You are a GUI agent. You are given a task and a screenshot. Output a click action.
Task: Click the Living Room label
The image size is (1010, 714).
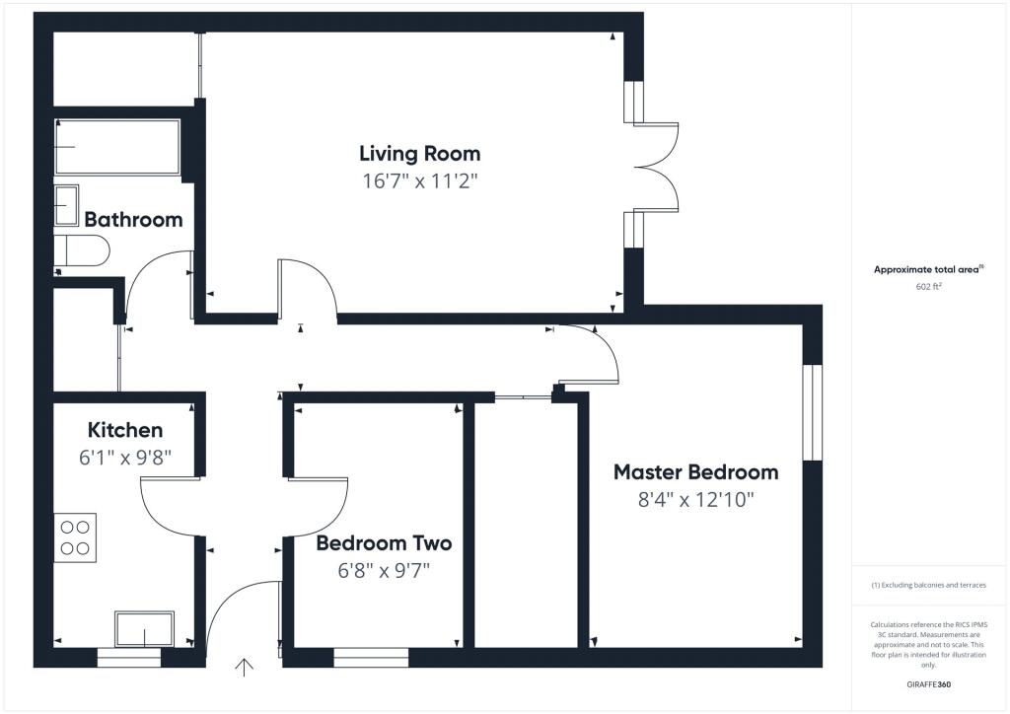pyautogui.click(x=419, y=154)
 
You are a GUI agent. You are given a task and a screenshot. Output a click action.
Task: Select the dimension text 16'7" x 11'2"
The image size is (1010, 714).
pyautogui.click(x=419, y=180)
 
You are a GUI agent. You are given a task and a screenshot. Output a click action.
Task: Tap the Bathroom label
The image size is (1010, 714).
pyautogui.click(x=133, y=219)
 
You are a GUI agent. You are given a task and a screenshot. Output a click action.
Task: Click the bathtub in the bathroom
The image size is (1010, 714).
pyautogui.click(x=117, y=147)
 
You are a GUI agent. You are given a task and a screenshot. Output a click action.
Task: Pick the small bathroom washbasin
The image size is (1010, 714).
pyautogui.click(x=66, y=206)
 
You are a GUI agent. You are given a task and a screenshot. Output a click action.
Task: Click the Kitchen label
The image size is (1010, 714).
pyautogui.click(x=125, y=430)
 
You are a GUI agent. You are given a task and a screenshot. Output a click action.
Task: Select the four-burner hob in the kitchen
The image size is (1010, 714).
pyautogui.click(x=75, y=538)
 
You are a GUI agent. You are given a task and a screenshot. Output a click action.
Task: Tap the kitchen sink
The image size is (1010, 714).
pyautogui.click(x=144, y=628)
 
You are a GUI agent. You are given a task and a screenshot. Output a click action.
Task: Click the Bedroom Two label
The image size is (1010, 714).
pyautogui.click(x=384, y=543)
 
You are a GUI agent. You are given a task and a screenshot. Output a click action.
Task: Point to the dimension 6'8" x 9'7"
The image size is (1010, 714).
pyautogui.click(x=385, y=570)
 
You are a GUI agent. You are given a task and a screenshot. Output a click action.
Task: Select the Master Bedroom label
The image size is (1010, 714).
pyautogui.click(x=695, y=472)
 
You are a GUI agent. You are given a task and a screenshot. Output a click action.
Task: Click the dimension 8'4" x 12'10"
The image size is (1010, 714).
pyautogui.click(x=695, y=499)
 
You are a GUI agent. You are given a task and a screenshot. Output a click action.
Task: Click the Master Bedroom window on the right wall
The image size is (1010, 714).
pyautogui.click(x=812, y=412)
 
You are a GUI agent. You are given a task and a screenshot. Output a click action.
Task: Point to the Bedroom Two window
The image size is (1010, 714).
pyautogui.click(x=371, y=657)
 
